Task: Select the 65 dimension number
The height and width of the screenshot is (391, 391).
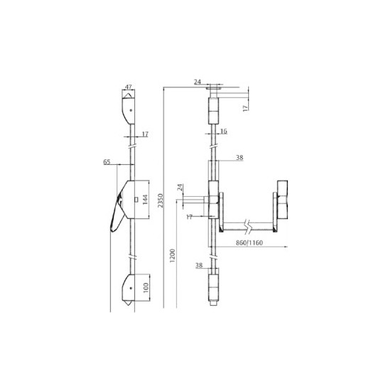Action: pyautogui.click(x=107, y=162)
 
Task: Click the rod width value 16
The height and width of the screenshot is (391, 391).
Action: pyautogui.click(x=223, y=132)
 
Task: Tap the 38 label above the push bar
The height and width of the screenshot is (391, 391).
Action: pyautogui.click(x=240, y=158)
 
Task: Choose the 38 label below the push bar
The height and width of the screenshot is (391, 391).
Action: pyautogui.click(x=200, y=265)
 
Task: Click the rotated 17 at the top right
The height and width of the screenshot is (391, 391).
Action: pyautogui.click(x=245, y=108)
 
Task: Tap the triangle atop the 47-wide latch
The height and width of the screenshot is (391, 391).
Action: pyautogui.click(x=129, y=94)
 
